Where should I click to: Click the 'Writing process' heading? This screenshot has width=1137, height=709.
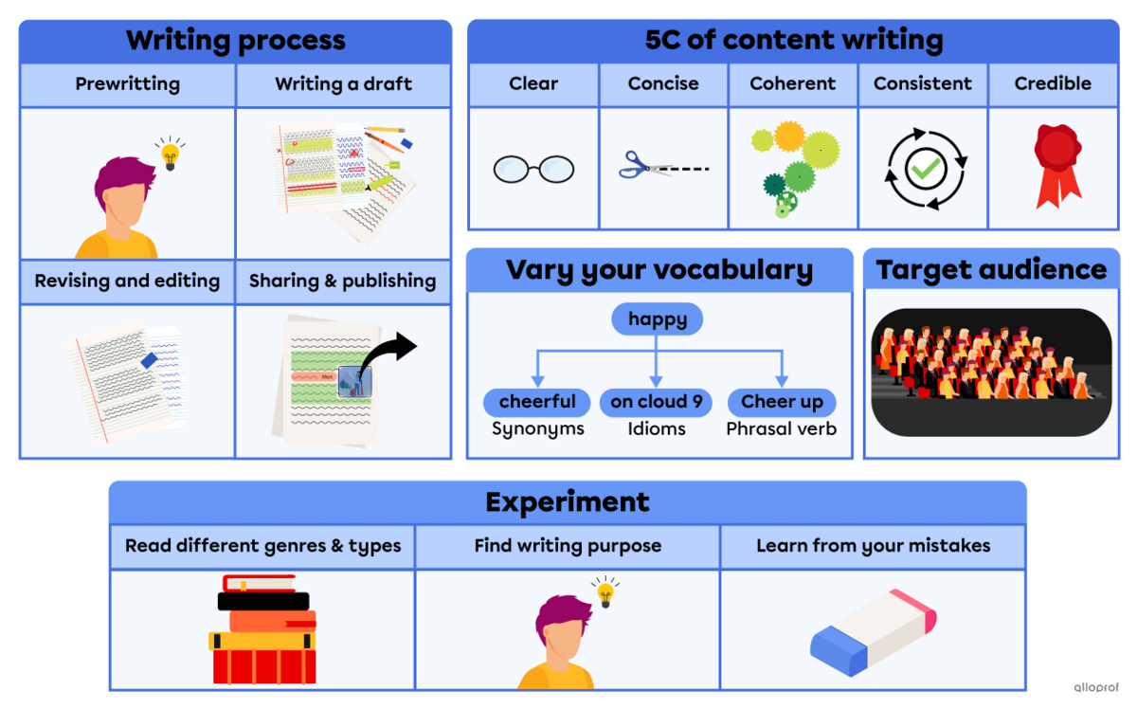point(235,41)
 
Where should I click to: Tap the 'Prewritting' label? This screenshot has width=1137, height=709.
point(127,83)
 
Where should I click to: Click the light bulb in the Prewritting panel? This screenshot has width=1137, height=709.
point(171,155)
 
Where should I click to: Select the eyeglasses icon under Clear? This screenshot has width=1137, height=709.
point(533,170)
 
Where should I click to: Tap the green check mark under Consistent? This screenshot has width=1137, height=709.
point(922,171)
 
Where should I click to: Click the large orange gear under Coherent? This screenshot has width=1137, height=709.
point(790,136)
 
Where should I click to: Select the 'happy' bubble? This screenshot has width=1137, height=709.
point(657,319)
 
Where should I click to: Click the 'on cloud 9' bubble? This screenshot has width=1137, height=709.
point(657,402)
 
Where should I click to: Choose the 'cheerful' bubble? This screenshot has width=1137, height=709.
point(537,402)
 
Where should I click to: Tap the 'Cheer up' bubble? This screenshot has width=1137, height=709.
point(782,402)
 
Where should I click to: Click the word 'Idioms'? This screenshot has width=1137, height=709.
point(657,429)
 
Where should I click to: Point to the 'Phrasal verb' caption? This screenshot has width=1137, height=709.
point(782,429)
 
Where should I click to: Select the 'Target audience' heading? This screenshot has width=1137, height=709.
point(990,269)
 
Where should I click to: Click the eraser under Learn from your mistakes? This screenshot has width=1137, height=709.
point(873,629)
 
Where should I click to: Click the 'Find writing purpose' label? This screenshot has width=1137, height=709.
point(568,546)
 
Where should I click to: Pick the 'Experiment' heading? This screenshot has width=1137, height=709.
point(567,501)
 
